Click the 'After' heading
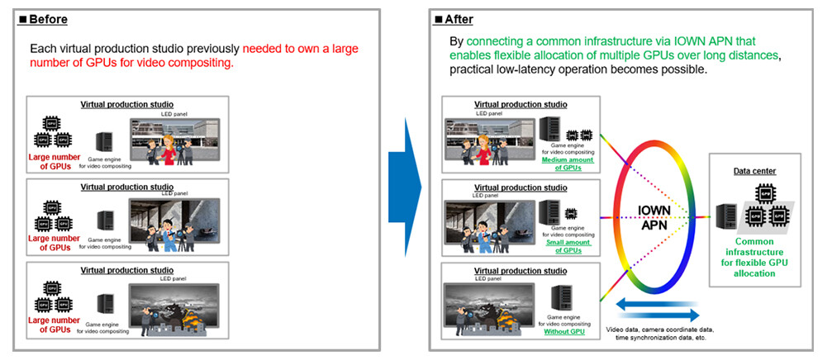(459, 18)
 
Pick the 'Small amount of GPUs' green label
(565, 245)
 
